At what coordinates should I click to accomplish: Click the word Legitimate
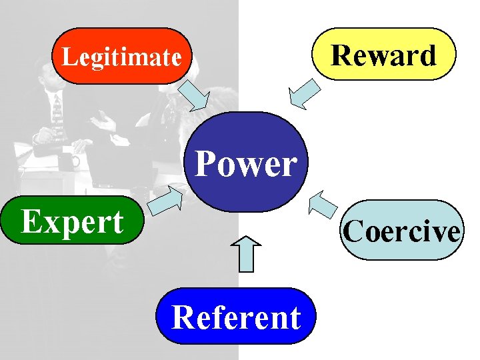tap(121, 57)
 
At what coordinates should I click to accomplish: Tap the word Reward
tap(384, 55)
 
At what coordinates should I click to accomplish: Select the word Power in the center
tap(246, 163)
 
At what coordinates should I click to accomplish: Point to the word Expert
tap(72, 221)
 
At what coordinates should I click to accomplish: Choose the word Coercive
tap(401, 231)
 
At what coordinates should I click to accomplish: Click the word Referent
tap(236, 317)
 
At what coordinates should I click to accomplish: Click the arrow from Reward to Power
tap(303, 94)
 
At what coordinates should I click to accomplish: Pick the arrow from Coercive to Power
tap(324, 204)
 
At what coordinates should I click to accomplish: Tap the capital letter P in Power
tap(205, 163)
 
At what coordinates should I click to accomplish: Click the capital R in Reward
tap(341, 55)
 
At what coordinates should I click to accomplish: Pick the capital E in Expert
tap(31, 221)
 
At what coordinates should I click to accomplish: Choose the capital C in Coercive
tap(353, 231)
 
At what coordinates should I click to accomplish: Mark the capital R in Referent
tap(182, 317)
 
